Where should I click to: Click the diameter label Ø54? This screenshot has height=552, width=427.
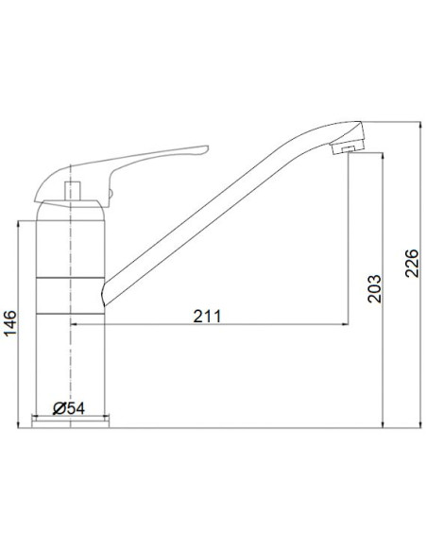click(x=70, y=407)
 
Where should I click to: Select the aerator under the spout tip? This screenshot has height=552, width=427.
click(x=349, y=147)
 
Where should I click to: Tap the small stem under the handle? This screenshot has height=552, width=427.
click(x=72, y=190)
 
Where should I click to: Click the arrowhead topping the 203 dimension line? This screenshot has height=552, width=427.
click(x=382, y=157)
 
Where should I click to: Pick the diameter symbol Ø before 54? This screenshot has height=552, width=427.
click(x=59, y=407)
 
